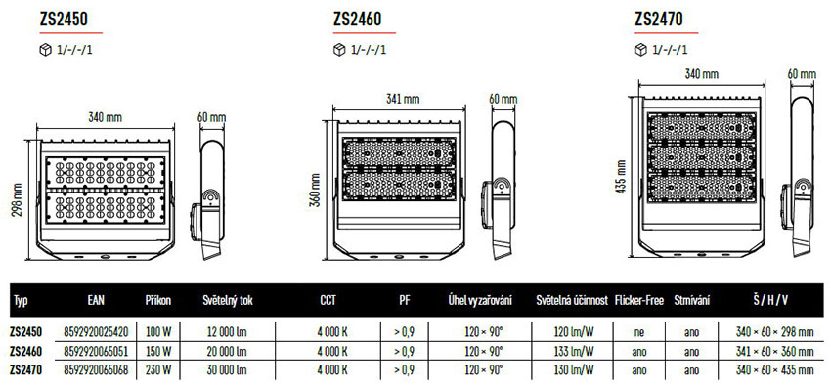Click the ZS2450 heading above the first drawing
pos(64,20)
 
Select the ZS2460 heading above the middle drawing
pos(357,20)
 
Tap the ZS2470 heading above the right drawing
pos(659,20)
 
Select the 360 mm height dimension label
pos(314,191)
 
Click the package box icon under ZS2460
pos(339,50)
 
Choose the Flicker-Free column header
pos(638,301)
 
